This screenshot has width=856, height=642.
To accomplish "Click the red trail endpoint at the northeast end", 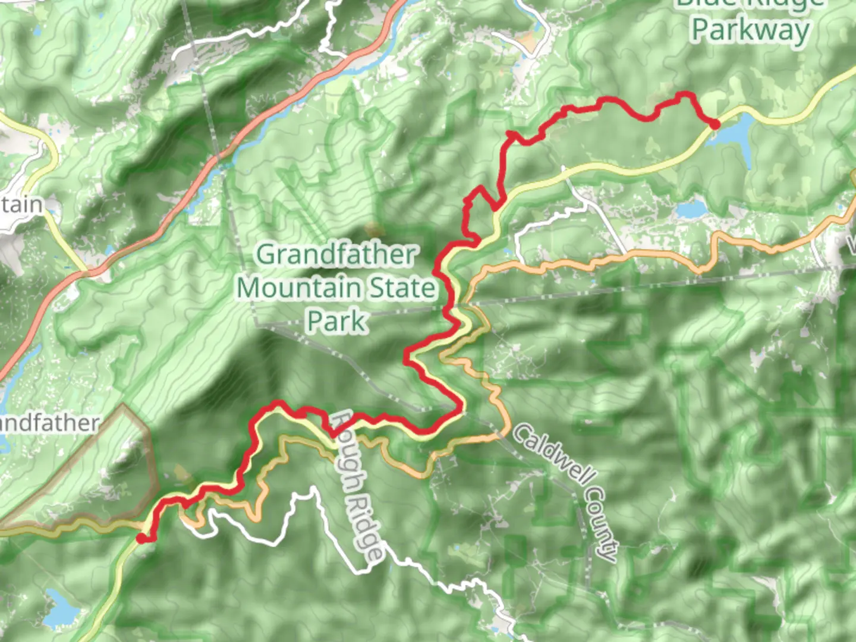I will click(714, 124).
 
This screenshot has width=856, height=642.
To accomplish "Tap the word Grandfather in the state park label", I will click(336, 255).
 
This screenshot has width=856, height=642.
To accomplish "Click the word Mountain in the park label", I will click(301, 288).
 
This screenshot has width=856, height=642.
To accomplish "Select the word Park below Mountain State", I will click(336, 322).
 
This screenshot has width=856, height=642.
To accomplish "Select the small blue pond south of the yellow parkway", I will click(690, 209).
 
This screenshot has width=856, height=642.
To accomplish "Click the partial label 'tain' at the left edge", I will click(21, 204).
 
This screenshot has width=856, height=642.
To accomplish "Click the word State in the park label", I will click(403, 288).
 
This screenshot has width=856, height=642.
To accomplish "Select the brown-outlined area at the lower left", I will click(89, 470).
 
